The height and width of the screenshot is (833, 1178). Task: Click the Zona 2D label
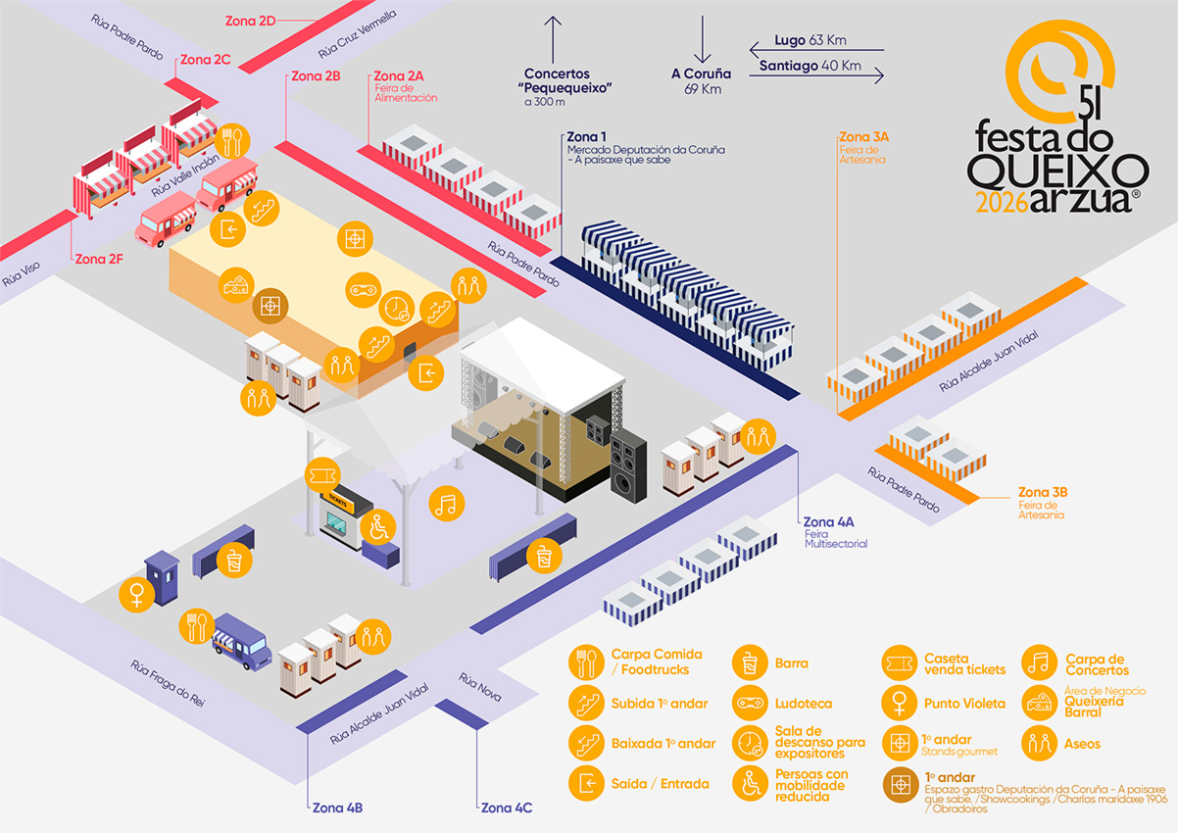[x=250, y=20]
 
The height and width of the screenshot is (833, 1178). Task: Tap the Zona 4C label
[x=507, y=808]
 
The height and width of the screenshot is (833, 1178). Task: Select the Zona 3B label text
[x=1043, y=492]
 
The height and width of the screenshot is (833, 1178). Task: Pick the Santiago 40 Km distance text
[x=810, y=66]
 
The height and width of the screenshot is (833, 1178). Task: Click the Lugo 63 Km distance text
[x=810, y=40]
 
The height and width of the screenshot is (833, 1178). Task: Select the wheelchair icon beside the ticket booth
[x=378, y=528]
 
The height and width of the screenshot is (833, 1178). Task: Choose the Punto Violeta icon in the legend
[x=899, y=703]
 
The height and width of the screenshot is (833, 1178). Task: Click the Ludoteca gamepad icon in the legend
[x=749, y=703]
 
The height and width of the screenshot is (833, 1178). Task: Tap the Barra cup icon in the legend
[x=749, y=662]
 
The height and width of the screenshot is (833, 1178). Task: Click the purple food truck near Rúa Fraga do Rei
[x=241, y=642]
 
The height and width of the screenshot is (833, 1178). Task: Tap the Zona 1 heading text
[x=587, y=136]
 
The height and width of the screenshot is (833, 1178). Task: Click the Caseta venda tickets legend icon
[x=899, y=662]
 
